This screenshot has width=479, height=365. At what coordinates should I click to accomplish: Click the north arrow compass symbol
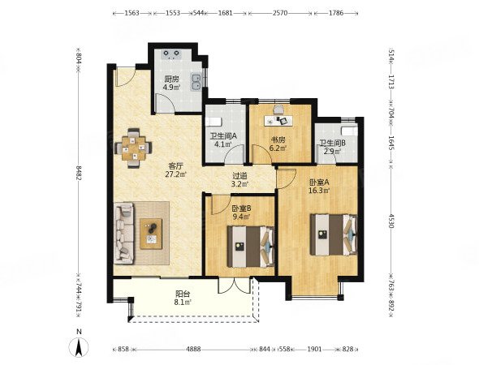pyautogui.click(x=79, y=346)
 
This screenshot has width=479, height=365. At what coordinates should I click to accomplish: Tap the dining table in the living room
pyautogui.click(x=133, y=148)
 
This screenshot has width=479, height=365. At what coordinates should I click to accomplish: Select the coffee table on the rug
pyautogui.click(x=151, y=234)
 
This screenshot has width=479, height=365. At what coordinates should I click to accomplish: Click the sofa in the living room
pyautogui.click(x=124, y=233)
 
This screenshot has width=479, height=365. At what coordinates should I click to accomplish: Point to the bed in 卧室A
pyautogui.click(x=334, y=234)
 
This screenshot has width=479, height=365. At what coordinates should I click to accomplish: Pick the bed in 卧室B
pyautogui.click(x=251, y=247)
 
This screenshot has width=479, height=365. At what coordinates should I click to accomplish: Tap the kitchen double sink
pyautogui.click(x=196, y=82)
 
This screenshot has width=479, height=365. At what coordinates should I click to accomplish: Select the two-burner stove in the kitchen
pyautogui.click(x=172, y=54)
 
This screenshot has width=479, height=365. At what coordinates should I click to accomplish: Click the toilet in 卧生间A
pyautogui.click(x=214, y=122)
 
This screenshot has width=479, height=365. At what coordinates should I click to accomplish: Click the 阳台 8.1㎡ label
pyautogui.click(x=183, y=298)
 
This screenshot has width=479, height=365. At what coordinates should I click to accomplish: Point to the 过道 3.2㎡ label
pyautogui.click(x=239, y=180)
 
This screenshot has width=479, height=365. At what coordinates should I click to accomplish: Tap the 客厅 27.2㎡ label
pyautogui.click(x=176, y=170)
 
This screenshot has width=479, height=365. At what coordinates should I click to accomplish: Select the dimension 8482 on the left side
pyautogui.click(x=79, y=174)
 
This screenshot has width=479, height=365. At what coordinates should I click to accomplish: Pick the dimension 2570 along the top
pyautogui.click(x=280, y=13)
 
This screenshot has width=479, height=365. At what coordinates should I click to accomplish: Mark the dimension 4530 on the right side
pyautogui.click(x=392, y=220)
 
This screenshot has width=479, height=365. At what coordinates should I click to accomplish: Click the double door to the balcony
pyautogui.click(x=235, y=286)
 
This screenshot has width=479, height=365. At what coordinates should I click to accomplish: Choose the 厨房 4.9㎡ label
pyautogui.click(x=171, y=83)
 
